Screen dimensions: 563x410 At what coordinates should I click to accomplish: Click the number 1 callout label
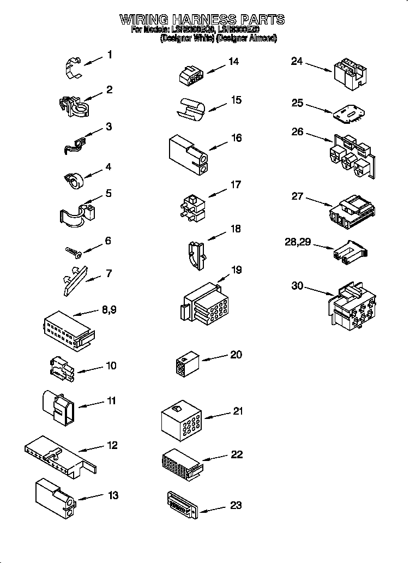click(x=110, y=55)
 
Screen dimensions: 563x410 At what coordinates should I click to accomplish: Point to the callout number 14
click(x=234, y=62)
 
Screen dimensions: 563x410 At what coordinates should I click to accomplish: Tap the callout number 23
click(x=236, y=505)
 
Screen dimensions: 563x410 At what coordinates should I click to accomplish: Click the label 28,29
click(x=298, y=242)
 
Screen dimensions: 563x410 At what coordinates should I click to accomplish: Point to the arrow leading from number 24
click(x=319, y=67)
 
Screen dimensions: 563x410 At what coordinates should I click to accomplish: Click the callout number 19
click(x=236, y=270)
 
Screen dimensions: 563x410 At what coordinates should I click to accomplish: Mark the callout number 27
click(x=297, y=196)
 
